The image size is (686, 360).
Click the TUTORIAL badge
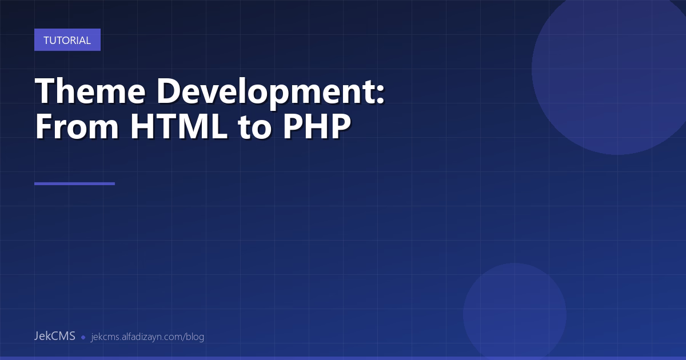(67, 40)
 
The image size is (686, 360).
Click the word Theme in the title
(83, 91)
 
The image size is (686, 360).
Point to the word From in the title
(77, 127)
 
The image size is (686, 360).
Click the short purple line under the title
(74, 183)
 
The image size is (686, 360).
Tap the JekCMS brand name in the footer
(54, 336)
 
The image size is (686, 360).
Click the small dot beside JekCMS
(83, 337)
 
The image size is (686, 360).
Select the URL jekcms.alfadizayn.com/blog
(147, 337)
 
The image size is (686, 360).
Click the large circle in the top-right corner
(617, 69)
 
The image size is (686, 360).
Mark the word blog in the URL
(195, 337)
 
